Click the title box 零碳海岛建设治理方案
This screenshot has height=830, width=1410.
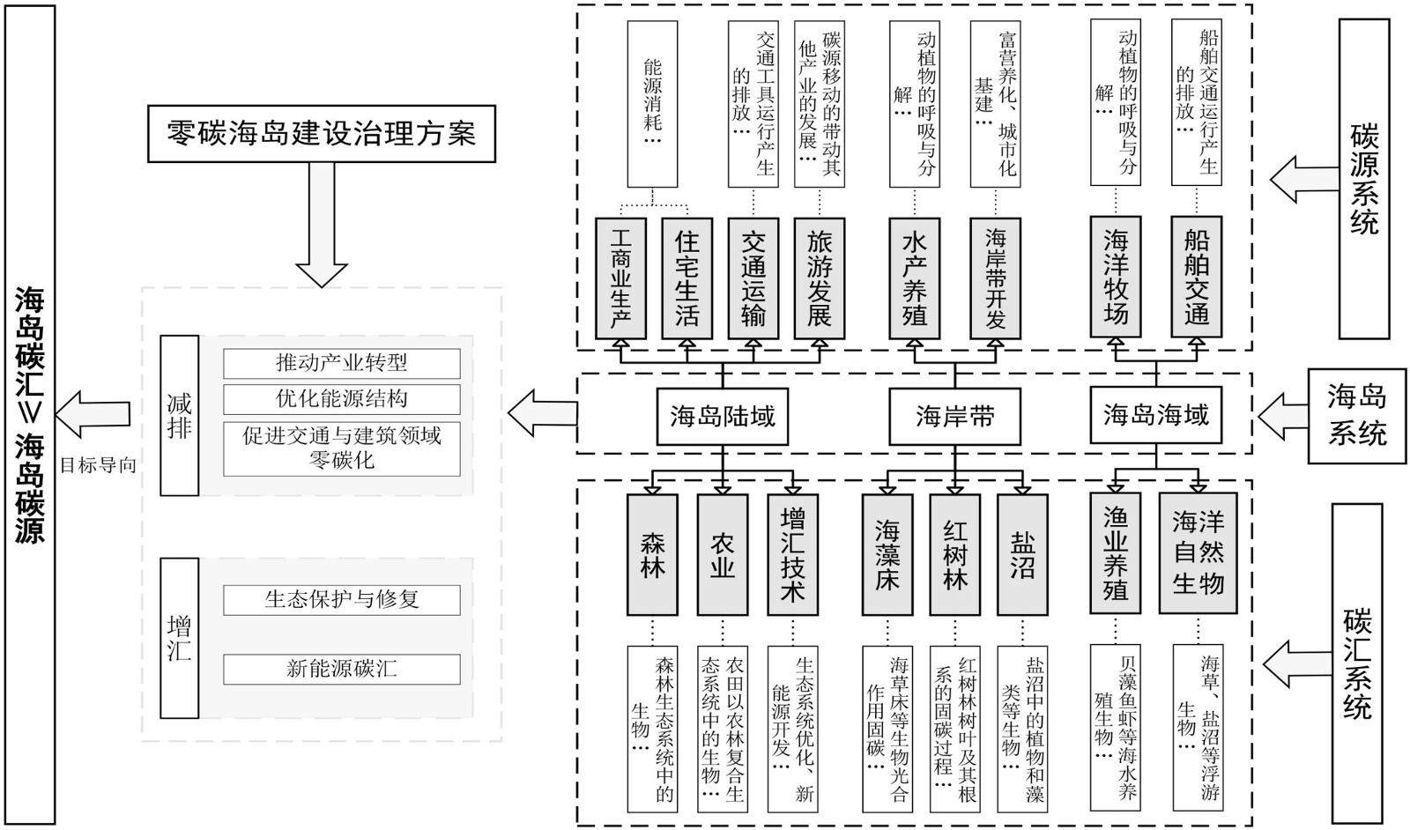[x=321, y=134]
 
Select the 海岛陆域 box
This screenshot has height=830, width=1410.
[x=723, y=415]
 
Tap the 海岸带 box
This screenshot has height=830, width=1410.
[x=955, y=415]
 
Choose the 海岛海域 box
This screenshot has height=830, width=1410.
[x=1156, y=414]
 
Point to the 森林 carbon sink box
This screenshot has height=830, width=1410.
[x=653, y=554]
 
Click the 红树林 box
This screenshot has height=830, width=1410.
[x=955, y=554]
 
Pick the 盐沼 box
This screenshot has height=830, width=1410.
[x=1022, y=554]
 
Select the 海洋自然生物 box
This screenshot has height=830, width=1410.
[x=1198, y=554]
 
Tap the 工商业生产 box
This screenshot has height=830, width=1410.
[x=620, y=278]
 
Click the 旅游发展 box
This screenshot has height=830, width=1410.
[x=820, y=278]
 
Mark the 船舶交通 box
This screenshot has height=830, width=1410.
[x=1197, y=278]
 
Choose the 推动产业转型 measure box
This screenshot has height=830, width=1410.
[x=342, y=363]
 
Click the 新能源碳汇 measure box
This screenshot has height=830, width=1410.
[x=342, y=669]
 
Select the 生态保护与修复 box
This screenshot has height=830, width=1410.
[x=342, y=600]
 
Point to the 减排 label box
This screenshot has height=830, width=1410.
[x=180, y=415]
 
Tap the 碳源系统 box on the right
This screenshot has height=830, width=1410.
[x=1363, y=179]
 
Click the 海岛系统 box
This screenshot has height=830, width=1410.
[x=1357, y=415]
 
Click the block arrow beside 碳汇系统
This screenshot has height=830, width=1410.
[x=1295, y=660]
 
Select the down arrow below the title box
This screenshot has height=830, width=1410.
[x=321, y=225]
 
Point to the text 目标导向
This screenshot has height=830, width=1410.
[x=98, y=465]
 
